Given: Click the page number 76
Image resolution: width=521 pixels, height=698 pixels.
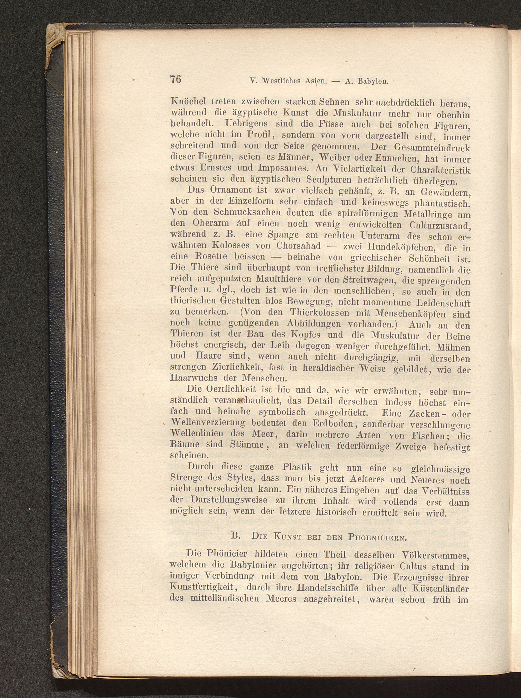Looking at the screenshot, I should (176, 79).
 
